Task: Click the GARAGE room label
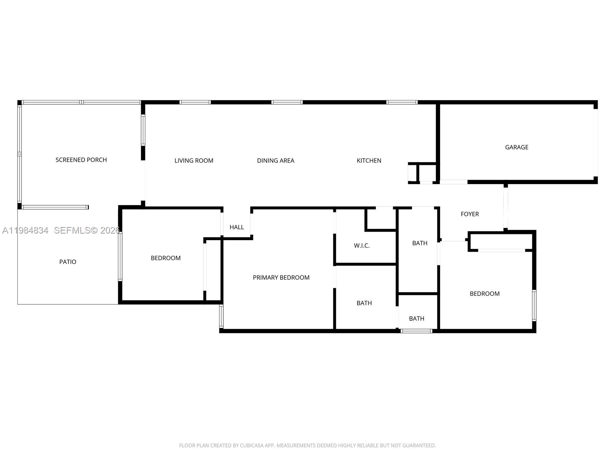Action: (516, 147)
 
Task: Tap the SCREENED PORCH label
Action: (81, 160)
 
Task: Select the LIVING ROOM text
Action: (194, 161)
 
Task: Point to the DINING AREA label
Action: (276, 161)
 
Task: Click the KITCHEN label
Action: (369, 161)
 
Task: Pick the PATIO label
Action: (68, 262)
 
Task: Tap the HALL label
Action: (236, 227)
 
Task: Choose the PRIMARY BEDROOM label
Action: (281, 277)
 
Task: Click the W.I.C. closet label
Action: (361, 245)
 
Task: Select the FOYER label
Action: (470, 214)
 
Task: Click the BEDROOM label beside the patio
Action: (166, 258)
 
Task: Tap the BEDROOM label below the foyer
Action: (484, 294)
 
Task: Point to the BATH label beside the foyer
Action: (420, 243)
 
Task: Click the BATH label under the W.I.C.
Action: (364, 303)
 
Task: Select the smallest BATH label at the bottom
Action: (416, 318)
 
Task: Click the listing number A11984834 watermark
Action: (25, 230)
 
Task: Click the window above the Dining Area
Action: (287, 102)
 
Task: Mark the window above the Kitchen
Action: (402, 102)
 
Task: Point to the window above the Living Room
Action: (195, 102)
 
